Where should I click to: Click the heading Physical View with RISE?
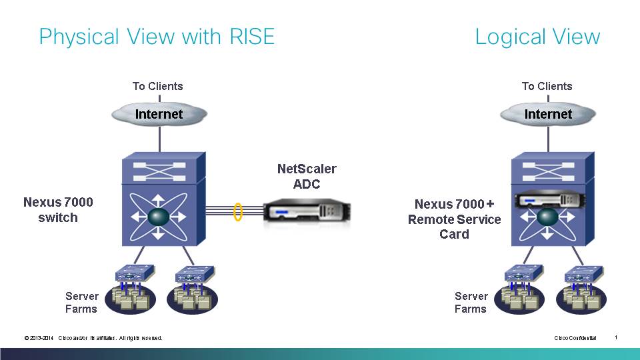(x=157, y=36)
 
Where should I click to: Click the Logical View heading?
(x=537, y=36)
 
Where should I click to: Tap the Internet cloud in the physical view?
(x=159, y=114)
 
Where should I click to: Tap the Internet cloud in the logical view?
(x=548, y=114)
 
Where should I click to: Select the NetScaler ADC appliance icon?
(x=307, y=213)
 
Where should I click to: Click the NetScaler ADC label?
(x=307, y=177)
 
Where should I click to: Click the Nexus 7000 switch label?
(x=58, y=210)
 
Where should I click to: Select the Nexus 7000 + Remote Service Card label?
(x=454, y=219)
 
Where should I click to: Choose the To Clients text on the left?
(x=157, y=86)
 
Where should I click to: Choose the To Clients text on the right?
(x=547, y=86)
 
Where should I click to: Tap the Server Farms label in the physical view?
(x=81, y=302)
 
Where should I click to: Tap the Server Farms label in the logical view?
(x=471, y=302)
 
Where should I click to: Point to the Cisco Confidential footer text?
(x=575, y=338)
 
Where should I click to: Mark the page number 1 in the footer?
(x=616, y=337)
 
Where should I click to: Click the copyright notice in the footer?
(x=93, y=338)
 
